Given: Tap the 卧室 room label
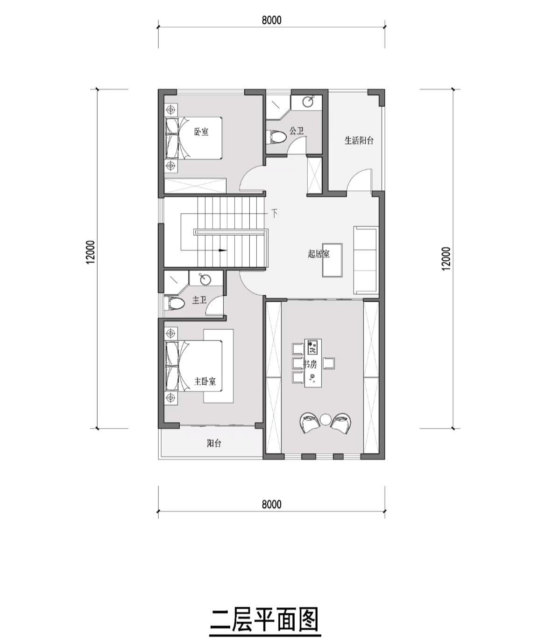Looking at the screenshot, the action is [201, 132].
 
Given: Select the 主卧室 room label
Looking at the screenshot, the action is [205, 382].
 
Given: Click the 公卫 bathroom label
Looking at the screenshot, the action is [296, 131].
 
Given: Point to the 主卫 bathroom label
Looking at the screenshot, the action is [199, 300].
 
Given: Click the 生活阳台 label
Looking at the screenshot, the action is [359, 141].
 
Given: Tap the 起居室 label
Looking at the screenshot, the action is [319, 254].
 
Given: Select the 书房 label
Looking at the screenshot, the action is [310, 364].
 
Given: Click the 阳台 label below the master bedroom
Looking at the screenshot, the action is [214, 444].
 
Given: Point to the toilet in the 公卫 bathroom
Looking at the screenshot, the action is [276, 137].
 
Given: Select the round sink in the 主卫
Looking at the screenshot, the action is [205, 279].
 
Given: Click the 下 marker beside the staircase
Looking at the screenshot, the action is [274, 213].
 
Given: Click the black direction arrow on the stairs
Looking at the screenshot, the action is [222, 250].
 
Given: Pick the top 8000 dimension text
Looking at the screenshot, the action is [271, 20].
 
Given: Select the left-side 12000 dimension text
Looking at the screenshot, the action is [91, 252].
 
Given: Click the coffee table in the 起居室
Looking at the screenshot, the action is [333, 260].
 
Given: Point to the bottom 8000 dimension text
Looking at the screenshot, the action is [271, 505].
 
